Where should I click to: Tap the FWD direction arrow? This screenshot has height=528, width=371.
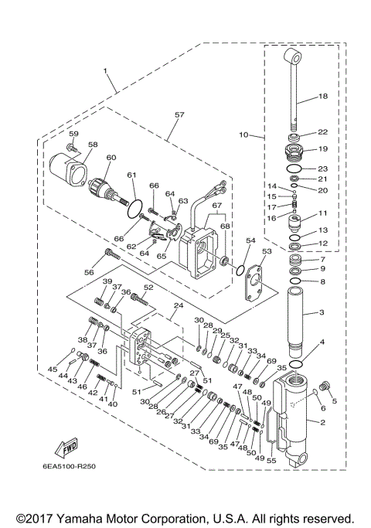(67, 449)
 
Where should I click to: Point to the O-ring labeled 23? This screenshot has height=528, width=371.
(294, 168)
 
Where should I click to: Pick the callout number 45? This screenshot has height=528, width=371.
(53, 368)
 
